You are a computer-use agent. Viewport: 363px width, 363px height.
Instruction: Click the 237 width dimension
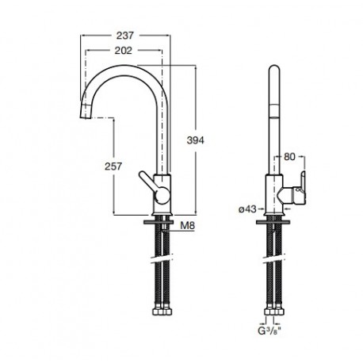tap(125, 36)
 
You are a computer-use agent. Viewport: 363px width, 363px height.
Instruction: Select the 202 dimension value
tap(123, 51)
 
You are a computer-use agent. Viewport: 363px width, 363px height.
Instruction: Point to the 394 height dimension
tap(196, 140)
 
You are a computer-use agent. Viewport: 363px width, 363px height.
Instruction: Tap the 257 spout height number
tap(113, 166)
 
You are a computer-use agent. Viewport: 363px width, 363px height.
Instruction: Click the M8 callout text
tap(187, 226)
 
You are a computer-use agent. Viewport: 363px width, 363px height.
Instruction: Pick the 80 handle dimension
tap(289, 157)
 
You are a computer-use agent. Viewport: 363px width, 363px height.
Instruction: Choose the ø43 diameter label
tap(247, 209)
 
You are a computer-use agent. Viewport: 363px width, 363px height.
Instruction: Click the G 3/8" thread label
tap(269, 331)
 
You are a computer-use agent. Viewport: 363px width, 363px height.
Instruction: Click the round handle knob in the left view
tap(162, 196)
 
